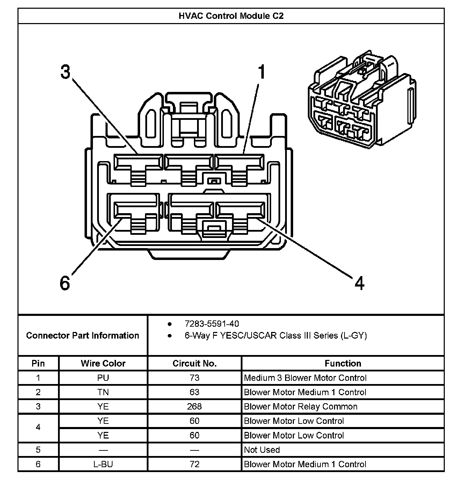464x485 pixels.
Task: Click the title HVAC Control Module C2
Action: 231,16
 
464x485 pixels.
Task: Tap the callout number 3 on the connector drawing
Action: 65,72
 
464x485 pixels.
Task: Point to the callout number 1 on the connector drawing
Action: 261,72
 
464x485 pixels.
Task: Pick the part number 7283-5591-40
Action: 212,324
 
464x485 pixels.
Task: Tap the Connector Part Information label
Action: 82,335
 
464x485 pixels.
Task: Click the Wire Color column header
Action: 103,363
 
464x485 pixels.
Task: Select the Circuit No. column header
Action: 195,363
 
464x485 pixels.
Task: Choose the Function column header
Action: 343,363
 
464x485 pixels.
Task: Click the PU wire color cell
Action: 103,378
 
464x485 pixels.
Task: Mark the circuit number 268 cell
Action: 195,406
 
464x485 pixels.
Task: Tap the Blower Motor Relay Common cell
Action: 300,406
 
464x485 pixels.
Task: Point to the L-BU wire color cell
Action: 103,464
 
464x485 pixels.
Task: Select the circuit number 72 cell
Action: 195,464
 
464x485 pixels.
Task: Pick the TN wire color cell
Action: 103,392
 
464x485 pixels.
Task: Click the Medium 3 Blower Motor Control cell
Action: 305,378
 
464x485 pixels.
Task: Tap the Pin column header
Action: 38,363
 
